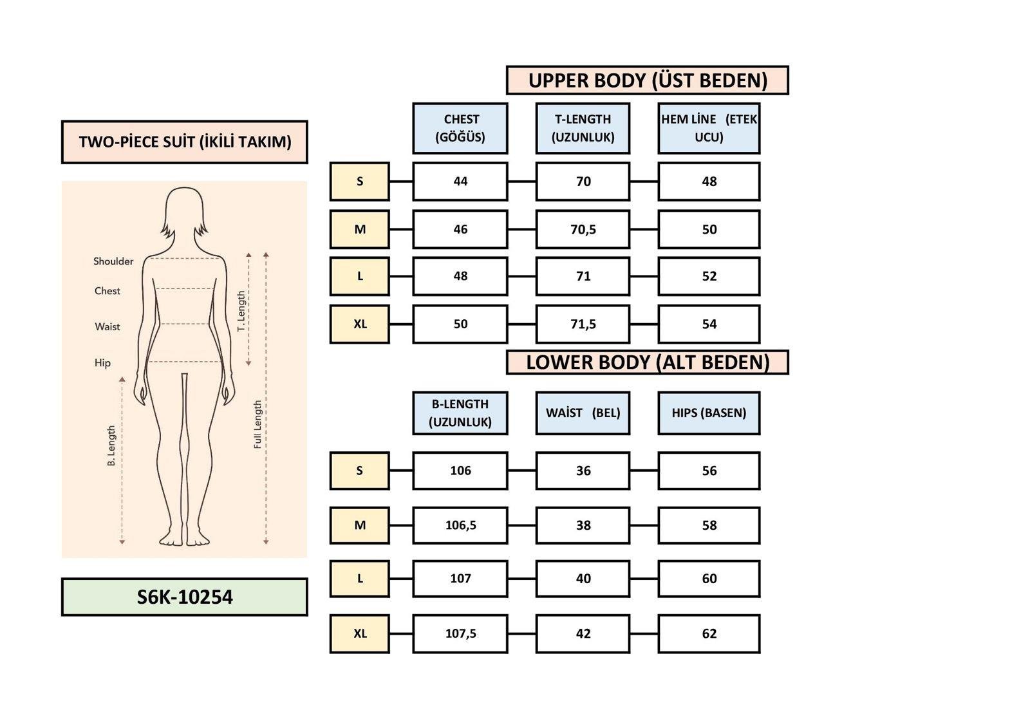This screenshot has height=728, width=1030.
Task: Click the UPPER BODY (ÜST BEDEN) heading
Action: pos(647,80)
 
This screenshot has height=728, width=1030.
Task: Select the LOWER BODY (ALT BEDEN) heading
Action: pos(647,362)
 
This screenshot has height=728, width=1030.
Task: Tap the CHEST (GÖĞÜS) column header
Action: pos(460,128)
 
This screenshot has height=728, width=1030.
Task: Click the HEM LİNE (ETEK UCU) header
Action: pos(709,128)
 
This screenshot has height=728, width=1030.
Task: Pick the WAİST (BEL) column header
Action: pos(583,413)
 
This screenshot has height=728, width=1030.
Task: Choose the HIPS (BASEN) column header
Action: pos(709,413)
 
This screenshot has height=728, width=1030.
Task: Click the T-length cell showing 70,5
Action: pos(583,229)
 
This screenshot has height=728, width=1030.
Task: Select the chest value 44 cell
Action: pos(460,182)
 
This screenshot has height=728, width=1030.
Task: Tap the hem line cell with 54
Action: pos(709,324)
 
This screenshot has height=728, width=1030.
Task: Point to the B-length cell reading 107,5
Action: pos(460,633)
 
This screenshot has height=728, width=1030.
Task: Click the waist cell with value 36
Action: pos(583,471)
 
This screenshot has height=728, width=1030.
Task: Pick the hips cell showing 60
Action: pos(709,579)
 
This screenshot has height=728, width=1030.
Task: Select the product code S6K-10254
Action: pos(185,597)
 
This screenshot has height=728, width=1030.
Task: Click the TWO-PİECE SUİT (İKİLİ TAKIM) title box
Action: pos(185,142)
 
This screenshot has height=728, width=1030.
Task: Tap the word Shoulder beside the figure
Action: pos(113,261)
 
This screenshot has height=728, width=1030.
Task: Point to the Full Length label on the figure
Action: pos(257,425)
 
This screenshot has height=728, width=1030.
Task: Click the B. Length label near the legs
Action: pos(111,445)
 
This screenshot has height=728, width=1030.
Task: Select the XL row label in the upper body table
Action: pos(360,324)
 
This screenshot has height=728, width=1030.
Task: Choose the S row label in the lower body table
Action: pos(360,471)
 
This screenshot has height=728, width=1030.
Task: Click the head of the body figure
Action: pos(185,209)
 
